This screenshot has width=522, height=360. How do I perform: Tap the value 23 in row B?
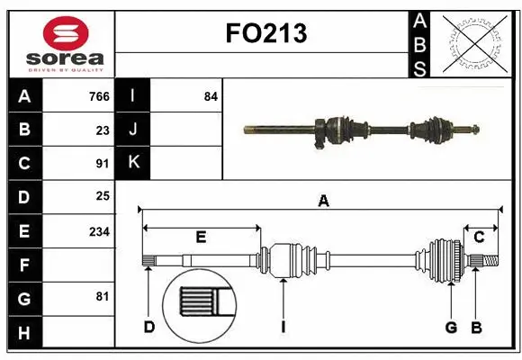103,130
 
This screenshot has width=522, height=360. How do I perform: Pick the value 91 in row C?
103,164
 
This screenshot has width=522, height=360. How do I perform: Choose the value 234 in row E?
99,231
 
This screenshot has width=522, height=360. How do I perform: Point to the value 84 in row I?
211,95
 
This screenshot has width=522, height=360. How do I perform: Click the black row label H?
24,333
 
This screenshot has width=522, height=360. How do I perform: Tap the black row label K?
133,163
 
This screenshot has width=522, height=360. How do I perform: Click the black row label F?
24,265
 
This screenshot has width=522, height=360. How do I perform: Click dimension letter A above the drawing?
323,202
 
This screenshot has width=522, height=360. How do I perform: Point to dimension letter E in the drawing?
201,238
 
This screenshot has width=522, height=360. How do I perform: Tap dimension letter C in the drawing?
480,237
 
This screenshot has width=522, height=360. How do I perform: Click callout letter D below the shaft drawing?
149,327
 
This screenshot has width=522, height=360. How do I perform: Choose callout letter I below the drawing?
283,327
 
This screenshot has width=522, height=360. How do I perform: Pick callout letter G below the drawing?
451,327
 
